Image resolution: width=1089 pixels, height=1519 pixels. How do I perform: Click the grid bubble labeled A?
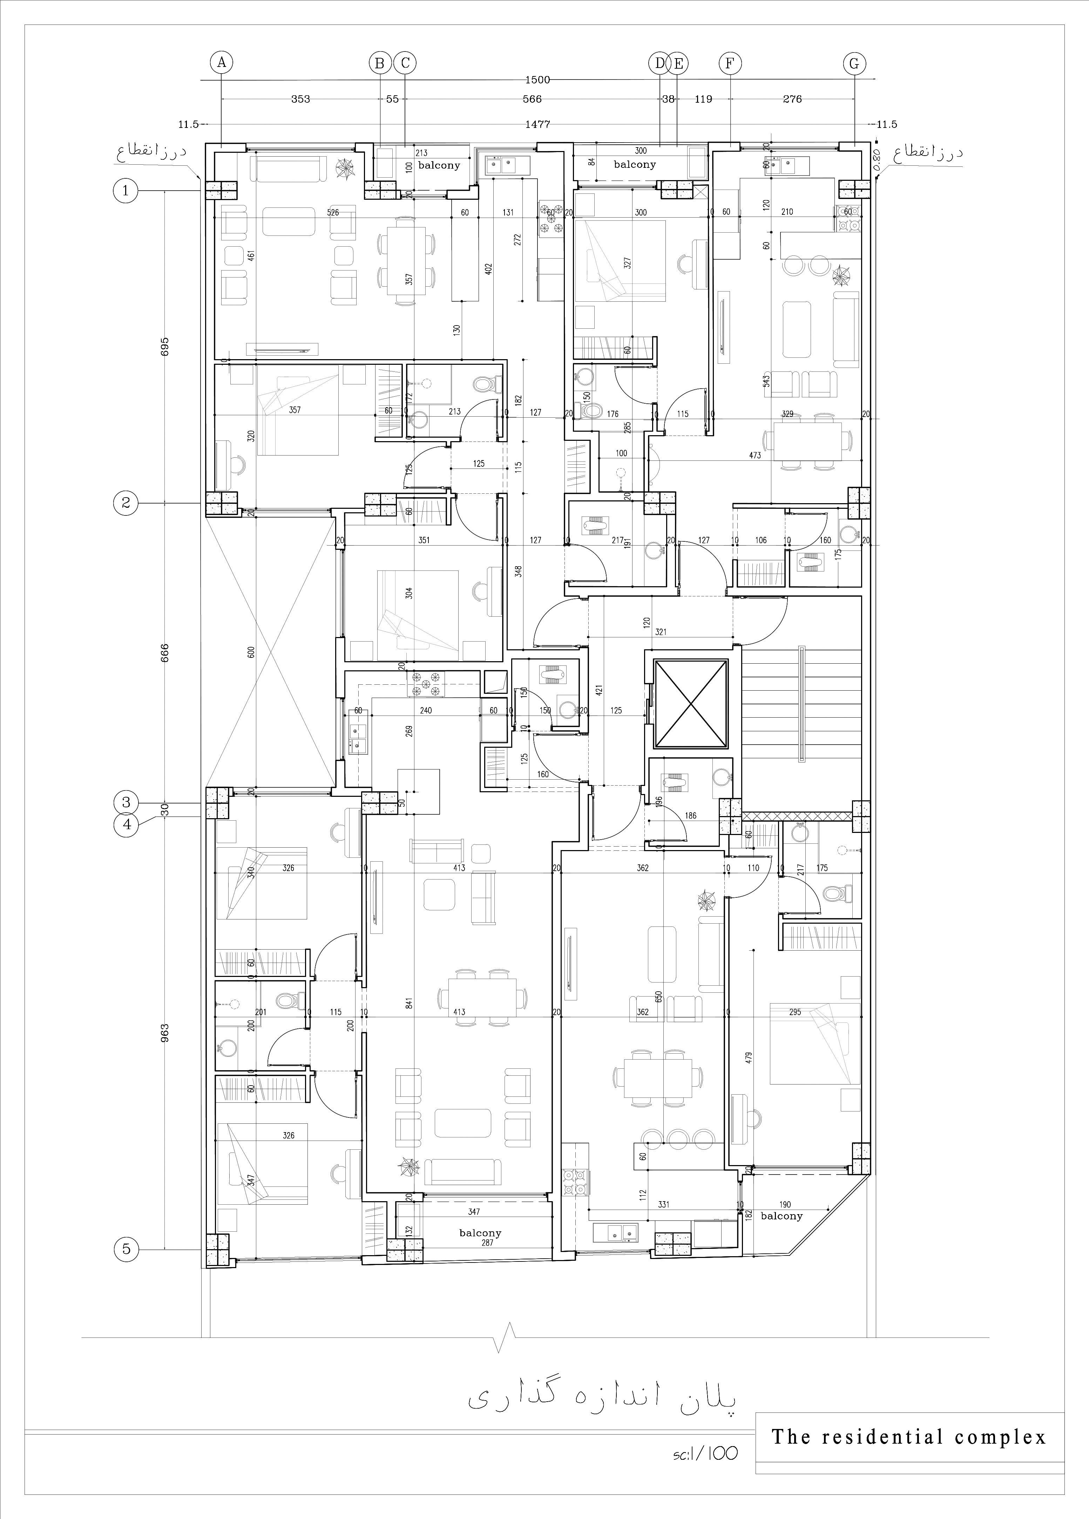point(221,63)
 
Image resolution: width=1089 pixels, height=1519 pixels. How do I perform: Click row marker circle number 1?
point(125,191)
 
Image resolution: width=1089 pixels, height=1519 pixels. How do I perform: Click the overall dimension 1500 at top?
point(537,80)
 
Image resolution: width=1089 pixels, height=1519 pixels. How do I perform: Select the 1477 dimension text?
point(537,124)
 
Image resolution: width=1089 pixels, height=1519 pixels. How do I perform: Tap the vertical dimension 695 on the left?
point(165,346)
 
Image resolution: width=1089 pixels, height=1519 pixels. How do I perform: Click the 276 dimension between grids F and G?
point(792,99)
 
